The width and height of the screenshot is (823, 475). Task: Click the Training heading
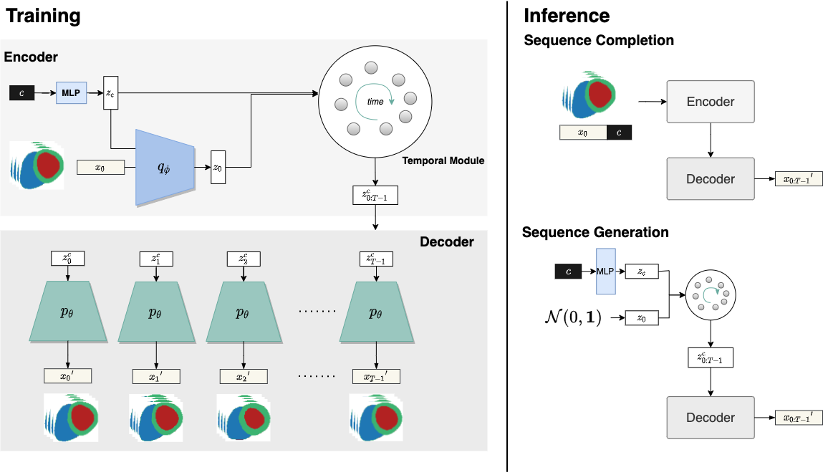click(x=43, y=16)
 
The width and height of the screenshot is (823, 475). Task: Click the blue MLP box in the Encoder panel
click(x=72, y=93)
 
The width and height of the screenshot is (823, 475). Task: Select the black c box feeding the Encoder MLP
click(x=22, y=93)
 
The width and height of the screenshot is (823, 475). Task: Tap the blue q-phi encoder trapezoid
click(x=165, y=168)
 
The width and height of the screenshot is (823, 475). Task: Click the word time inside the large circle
click(x=375, y=102)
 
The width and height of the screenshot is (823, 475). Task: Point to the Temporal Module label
click(x=443, y=160)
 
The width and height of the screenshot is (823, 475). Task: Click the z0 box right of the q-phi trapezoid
click(x=218, y=168)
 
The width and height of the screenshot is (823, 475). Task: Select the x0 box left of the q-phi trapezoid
click(x=101, y=168)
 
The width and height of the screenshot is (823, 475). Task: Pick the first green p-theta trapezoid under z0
click(x=68, y=312)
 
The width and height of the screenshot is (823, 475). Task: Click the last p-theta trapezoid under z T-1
click(x=376, y=312)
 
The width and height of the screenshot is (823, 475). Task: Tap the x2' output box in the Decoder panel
click(x=244, y=376)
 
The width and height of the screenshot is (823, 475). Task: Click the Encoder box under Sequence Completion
click(x=711, y=102)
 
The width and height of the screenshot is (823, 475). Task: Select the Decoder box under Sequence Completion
click(x=711, y=179)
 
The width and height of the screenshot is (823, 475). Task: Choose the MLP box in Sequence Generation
click(x=606, y=272)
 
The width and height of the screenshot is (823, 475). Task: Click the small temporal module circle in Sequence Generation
click(x=711, y=295)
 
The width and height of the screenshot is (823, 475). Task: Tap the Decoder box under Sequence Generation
click(x=711, y=418)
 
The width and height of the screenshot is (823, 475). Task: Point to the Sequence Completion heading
click(x=599, y=40)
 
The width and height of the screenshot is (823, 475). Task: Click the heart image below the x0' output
click(x=71, y=418)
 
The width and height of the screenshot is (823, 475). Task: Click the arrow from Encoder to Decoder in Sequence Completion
click(x=711, y=140)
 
